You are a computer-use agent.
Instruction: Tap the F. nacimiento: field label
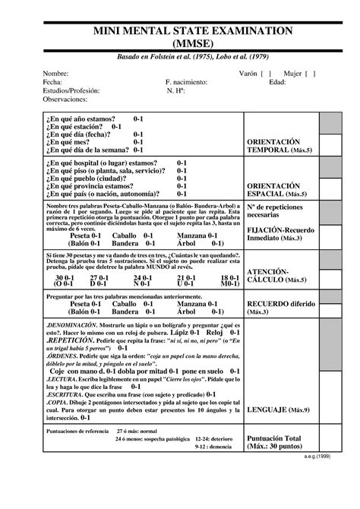187,82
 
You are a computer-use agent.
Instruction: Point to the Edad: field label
278,82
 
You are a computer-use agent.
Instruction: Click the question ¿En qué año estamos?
81,119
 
